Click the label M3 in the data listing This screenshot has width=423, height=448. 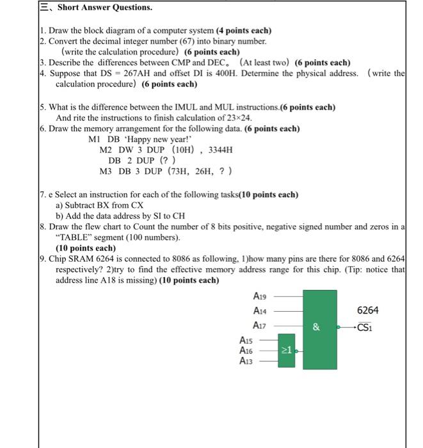(x=107, y=172)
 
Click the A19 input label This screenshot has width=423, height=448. (x=260, y=296)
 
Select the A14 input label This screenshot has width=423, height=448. (x=260, y=310)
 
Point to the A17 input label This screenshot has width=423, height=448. (x=260, y=325)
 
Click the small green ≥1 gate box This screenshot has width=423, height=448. (x=287, y=351)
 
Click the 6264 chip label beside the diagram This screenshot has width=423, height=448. (x=367, y=310)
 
